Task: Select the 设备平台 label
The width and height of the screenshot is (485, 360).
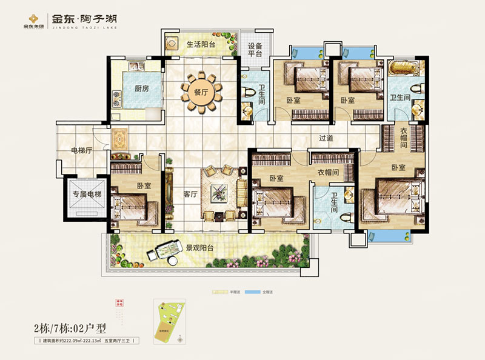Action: (x=255, y=50)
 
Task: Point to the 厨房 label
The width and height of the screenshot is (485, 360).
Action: (x=141, y=88)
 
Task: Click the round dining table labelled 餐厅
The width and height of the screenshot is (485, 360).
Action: (x=201, y=92)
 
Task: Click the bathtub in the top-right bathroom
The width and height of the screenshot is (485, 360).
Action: (x=401, y=68)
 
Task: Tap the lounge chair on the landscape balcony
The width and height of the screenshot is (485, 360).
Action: (x=165, y=247)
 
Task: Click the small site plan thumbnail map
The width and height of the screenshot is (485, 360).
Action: (x=169, y=317)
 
